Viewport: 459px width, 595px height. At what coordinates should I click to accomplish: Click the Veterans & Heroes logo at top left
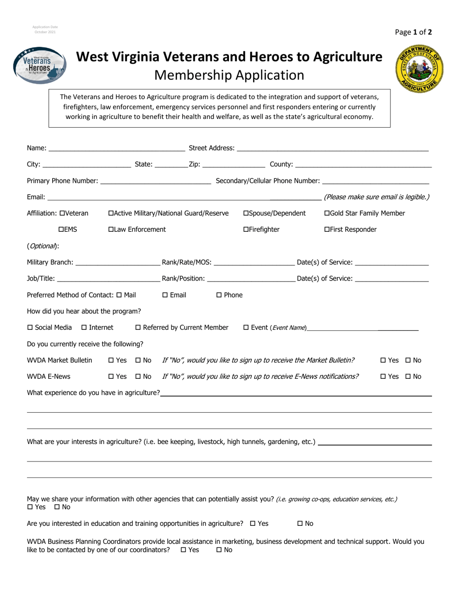[x=40, y=65]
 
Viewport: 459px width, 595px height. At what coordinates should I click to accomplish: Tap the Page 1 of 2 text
[x=413, y=32]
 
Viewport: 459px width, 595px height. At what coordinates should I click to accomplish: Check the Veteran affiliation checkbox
[x=61, y=213]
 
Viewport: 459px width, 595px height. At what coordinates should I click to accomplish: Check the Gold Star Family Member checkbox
[x=327, y=213]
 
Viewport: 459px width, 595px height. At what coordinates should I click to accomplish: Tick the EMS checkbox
[x=61, y=230]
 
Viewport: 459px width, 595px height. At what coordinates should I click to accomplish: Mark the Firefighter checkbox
[x=246, y=230]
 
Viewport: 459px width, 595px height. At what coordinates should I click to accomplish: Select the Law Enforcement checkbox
[x=111, y=230]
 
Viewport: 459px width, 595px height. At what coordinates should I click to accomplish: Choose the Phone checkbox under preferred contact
[x=219, y=295]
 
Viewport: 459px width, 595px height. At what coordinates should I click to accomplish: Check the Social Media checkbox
[x=30, y=328]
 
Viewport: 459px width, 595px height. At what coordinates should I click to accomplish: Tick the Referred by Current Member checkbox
[x=138, y=328]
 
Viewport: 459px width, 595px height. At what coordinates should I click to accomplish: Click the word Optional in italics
[x=43, y=246]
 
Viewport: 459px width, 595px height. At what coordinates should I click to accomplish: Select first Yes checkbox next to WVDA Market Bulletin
[x=111, y=360]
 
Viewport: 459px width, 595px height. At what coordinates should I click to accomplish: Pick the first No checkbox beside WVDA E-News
[x=138, y=377]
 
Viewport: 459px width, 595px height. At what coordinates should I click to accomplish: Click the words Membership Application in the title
[x=229, y=75]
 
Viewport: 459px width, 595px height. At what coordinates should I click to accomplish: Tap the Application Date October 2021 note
[x=45, y=30]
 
